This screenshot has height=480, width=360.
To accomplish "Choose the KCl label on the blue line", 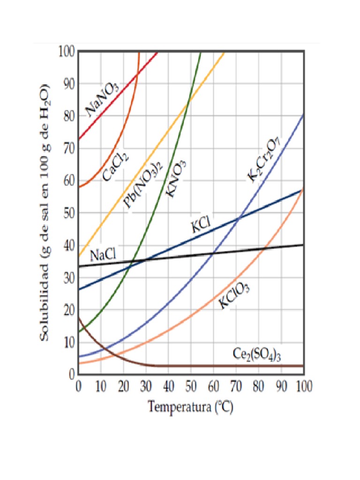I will (x=200, y=226).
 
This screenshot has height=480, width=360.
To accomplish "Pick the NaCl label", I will (x=103, y=256).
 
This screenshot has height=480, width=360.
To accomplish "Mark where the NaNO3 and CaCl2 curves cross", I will (x=136, y=75).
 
